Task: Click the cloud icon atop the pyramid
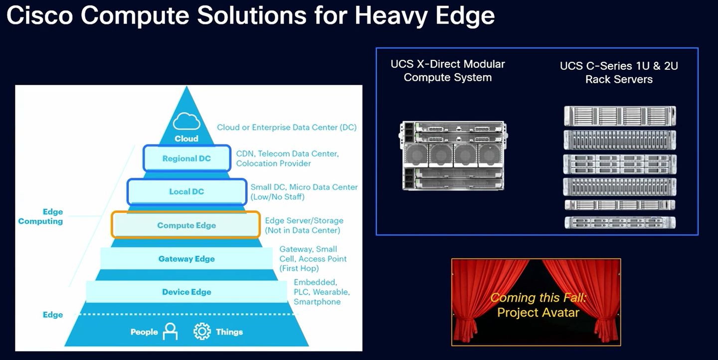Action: click(186, 121)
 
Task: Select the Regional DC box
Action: click(187, 158)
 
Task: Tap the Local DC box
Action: click(187, 191)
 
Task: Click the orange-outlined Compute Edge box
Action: click(185, 225)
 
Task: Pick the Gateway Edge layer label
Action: click(186, 259)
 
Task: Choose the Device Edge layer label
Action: click(186, 292)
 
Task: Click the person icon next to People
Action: click(170, 332)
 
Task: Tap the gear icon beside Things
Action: click(202, 332)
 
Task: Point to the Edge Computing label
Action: click(41, 216)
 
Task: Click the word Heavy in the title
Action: click(391, 16)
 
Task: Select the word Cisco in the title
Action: click(40, 15)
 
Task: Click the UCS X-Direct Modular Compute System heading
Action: click(447, 70)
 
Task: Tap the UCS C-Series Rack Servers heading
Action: click(619, 72)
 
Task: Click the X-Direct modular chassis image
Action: click(453, 156)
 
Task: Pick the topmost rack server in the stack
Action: click(620, 116)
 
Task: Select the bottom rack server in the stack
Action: click(620, 222)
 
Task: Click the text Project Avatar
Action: click(538, 313)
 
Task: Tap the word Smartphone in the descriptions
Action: click(317, 302)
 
